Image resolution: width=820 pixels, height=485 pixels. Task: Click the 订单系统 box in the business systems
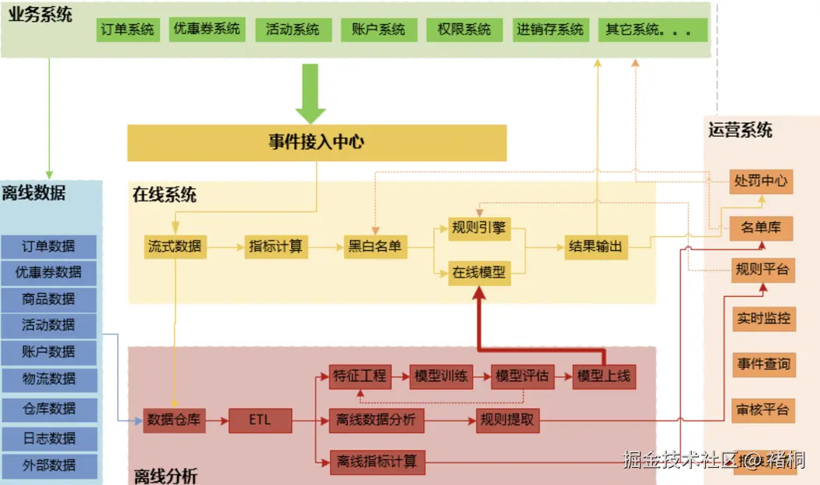(x=128, y=30)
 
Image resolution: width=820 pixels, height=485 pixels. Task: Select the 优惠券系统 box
(x=207, y=30)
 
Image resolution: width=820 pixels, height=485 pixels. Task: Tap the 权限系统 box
(x=464, y=30)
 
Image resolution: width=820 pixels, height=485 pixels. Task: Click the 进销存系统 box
(x=550, y=30)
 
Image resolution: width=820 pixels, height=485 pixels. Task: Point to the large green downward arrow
(x=311, y=92)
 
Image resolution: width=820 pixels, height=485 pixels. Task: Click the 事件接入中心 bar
(x=317, y=142)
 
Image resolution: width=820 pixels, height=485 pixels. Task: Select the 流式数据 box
(x=175, y=247)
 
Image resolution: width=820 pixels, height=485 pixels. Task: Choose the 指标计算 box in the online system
(x=276, y=247)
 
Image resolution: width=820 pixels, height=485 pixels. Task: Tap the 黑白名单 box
(x=375, y=247)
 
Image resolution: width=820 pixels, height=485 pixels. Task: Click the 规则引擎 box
(x=479, y=228)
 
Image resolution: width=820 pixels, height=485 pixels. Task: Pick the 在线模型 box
(x=479, y=273)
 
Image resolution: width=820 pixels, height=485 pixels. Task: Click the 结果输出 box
(x=596, y=247)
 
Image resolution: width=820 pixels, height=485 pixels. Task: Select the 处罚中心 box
(x=761, y=181)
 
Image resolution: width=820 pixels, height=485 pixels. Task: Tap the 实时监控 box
(x=763, y=318)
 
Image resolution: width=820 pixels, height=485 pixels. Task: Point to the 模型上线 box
(x=604, y=377)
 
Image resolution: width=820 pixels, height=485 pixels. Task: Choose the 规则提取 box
(x=506, y=421)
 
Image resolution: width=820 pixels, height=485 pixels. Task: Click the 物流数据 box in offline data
(x=49, y=379)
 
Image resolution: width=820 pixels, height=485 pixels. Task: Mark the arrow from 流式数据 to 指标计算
(x=224, y=247)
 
